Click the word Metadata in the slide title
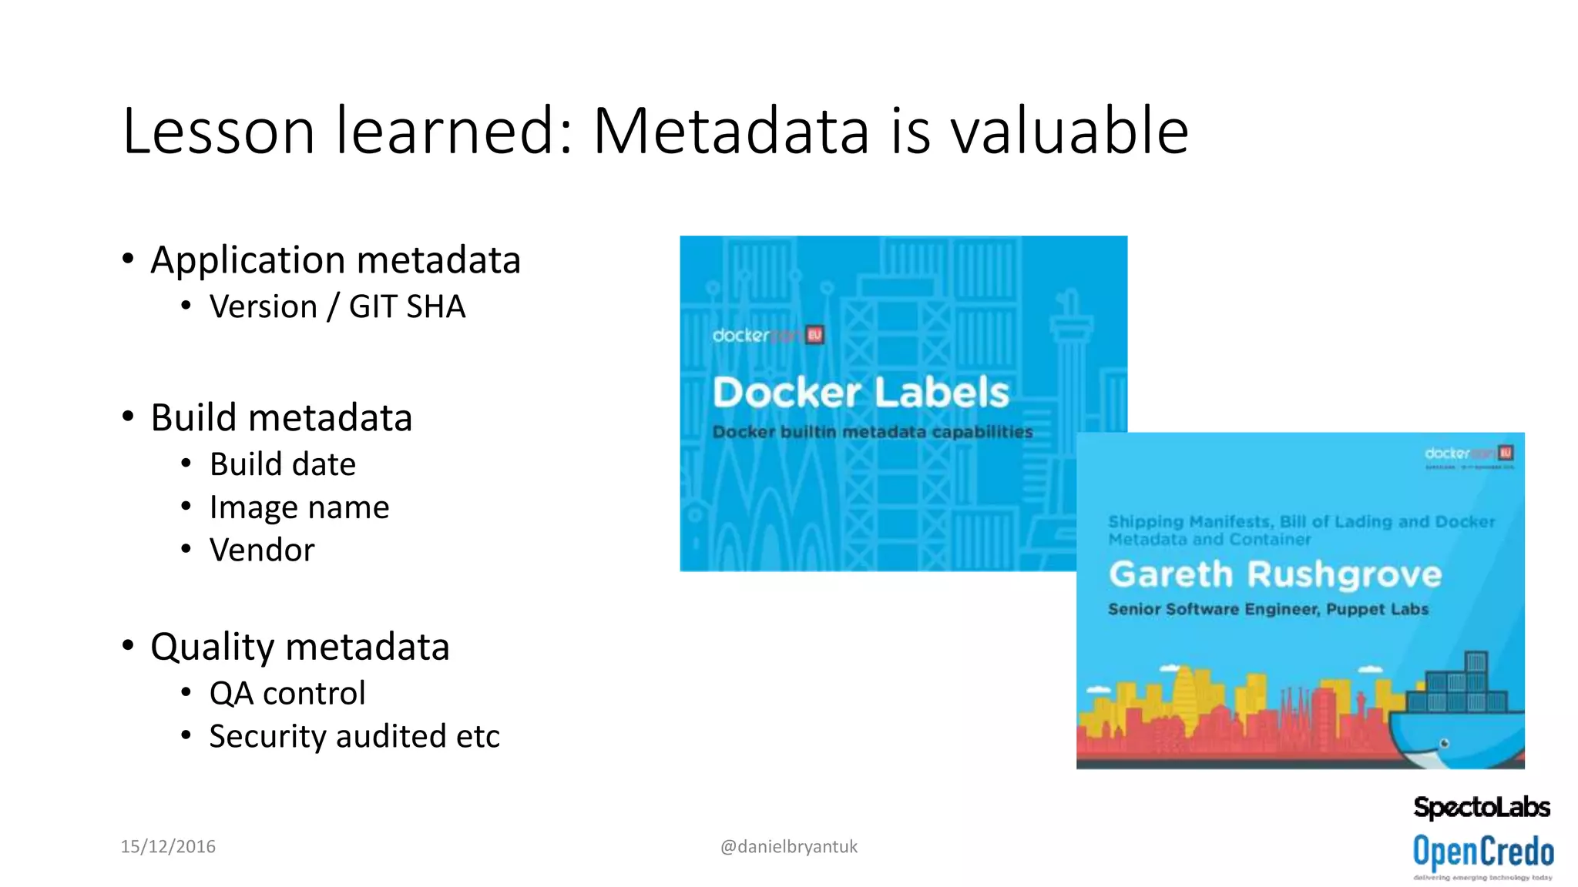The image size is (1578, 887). click(730, 131)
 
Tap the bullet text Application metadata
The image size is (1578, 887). click(335, 260)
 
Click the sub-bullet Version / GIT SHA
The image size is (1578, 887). click(337, 306)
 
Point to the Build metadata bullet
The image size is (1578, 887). click(281, 418)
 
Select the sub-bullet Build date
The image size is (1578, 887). click(283, 464)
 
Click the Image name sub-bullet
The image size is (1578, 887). click(299, 507)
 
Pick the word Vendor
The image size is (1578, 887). click(262, 551)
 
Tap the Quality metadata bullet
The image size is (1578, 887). click(300, 647)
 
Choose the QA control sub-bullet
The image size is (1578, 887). click(287, 693)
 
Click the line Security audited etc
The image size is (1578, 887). click(354, 736)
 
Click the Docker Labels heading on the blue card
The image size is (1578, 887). click(861, 393)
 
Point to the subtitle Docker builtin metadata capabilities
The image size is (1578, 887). click(872, 432)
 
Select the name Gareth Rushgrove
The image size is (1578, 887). click(1275, 574)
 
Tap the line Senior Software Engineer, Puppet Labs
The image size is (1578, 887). click(1268, 610)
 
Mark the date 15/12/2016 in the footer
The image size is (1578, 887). click(168, 846)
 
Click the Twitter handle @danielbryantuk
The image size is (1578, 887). click(788, 846)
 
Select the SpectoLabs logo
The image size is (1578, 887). click(1482, 807)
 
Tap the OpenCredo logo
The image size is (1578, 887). click(1483, 853)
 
